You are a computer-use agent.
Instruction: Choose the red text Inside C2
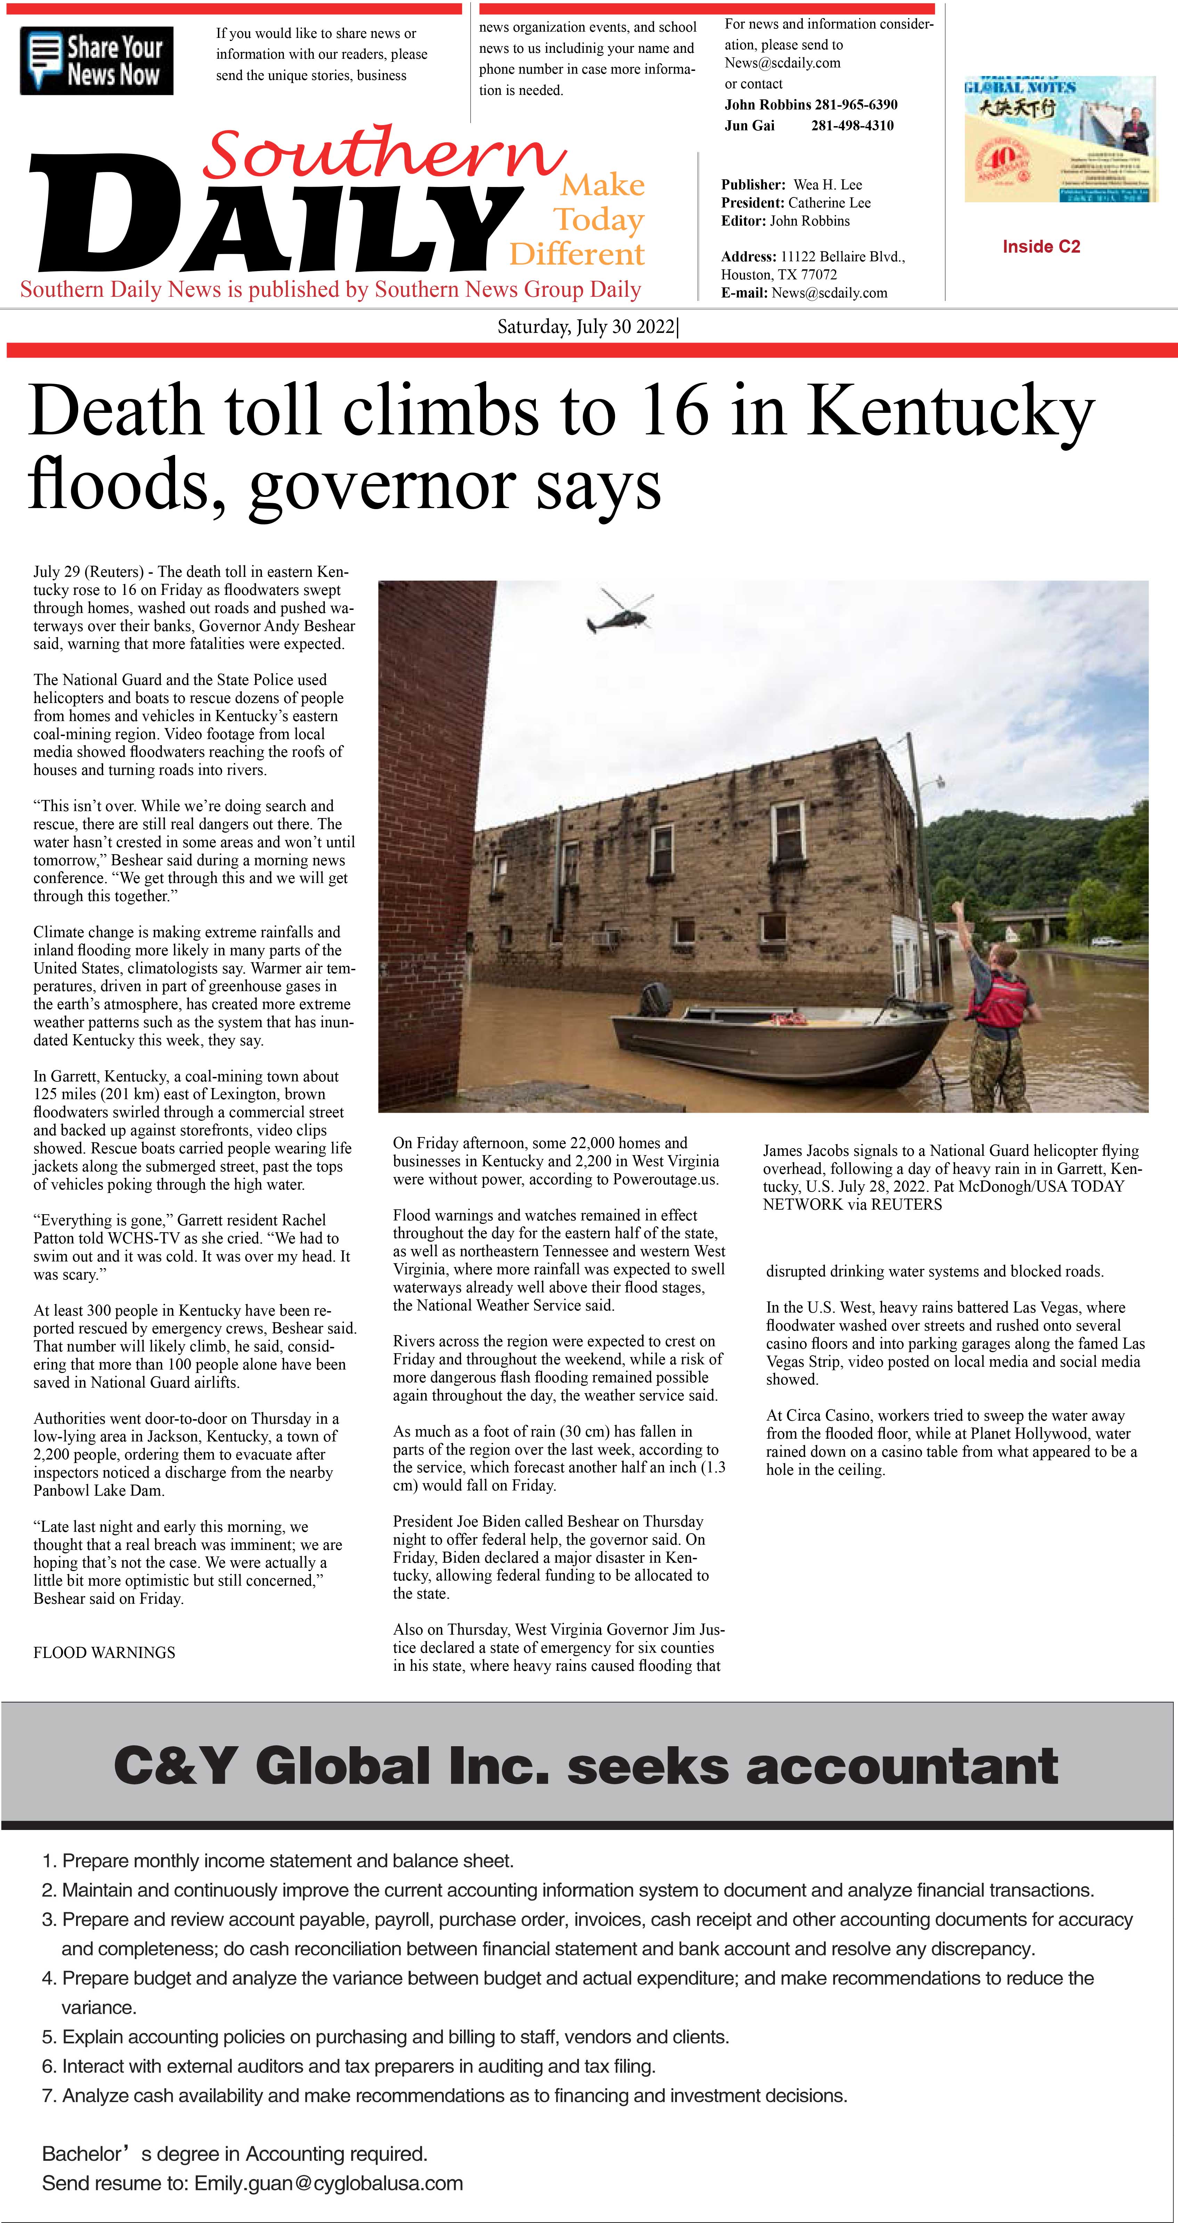[1041, 247]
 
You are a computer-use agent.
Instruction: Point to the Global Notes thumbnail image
[1059, 139]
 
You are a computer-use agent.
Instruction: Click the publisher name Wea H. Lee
[828, 185]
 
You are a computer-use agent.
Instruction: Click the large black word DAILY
[276, 216]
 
